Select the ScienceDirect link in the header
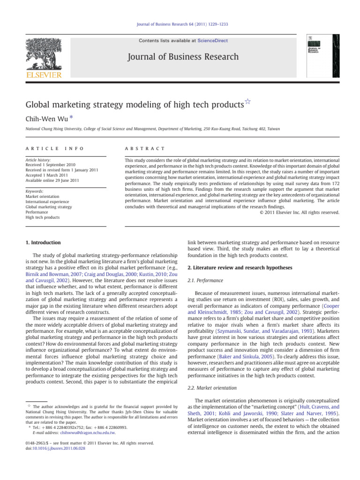click(212, 41)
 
